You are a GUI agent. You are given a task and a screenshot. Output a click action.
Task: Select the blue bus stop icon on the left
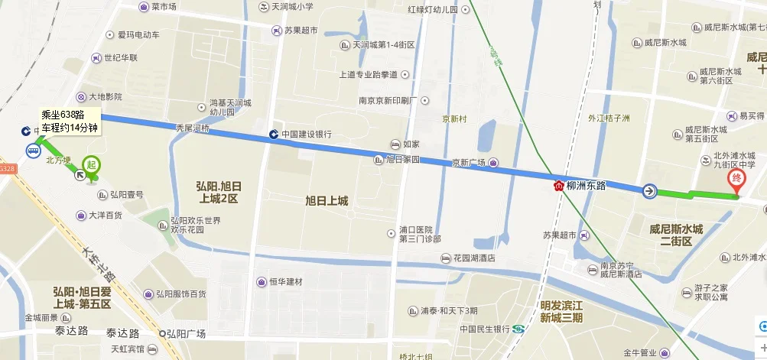click(x=34, y=151)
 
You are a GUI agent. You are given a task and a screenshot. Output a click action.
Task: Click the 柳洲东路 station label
click(x=586, y=186)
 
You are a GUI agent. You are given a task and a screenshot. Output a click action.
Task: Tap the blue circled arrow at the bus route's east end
click(x=649, y=191)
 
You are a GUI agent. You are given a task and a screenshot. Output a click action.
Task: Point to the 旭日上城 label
click(x=327, y=201)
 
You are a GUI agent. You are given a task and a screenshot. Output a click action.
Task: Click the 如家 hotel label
click(x=411, y=144)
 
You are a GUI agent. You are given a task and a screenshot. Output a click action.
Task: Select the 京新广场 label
click(x=469, y=162)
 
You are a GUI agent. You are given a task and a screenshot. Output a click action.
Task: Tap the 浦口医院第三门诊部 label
click(x=420, y=234)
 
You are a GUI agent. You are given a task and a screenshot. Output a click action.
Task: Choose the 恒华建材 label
click(x=285, y=281)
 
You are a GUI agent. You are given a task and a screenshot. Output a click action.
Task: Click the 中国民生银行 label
click(x=485, y=329)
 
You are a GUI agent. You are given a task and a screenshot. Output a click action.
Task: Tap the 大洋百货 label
click(x=105, y=215)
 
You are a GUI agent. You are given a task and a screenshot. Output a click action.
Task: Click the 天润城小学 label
click(x=292, y=7)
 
